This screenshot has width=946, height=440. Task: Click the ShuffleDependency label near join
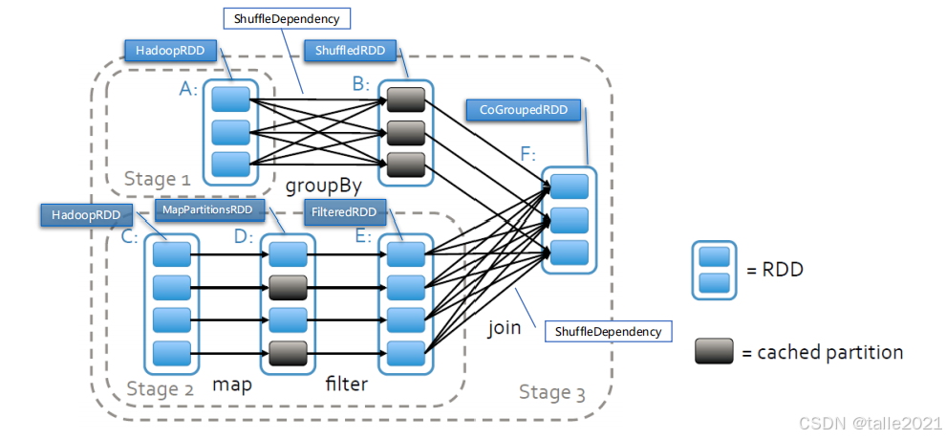click(x=608, y=332)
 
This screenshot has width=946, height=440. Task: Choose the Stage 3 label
click(x=553, y=391)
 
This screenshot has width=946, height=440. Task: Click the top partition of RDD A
click(x=230, y=99)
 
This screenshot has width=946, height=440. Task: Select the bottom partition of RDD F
click(x=570, y=252)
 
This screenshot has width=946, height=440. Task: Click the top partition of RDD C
click(x=172, y=254)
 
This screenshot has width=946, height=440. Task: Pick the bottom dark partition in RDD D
click(x=288, y=353)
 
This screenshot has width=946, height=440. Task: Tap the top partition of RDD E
click(x=405, y=254)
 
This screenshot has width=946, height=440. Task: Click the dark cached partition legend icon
click(x=715, y=351)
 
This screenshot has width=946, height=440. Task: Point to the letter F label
click(x=528, y=153)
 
